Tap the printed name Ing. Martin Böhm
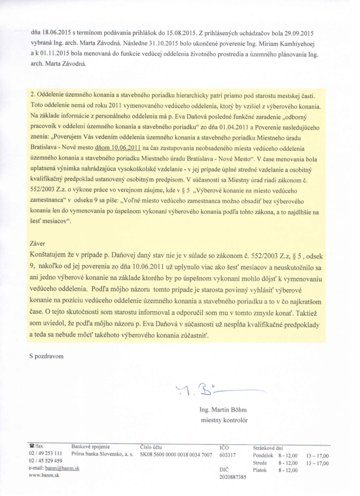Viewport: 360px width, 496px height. [x=223, y=410]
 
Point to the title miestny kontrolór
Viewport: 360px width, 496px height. [x=224, y=420]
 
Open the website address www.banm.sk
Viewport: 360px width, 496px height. [x=44, y=475]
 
